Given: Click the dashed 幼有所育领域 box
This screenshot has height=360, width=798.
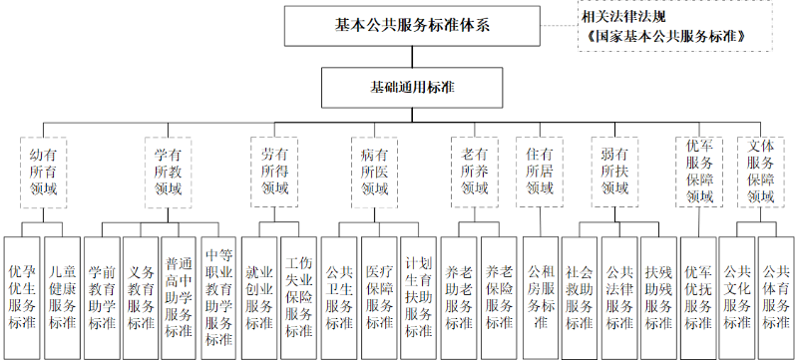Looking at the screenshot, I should (x=44, y=172).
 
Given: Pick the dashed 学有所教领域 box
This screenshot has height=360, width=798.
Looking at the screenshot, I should (x=168, y=172).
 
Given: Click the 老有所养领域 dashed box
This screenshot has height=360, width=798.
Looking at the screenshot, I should (x=474, y=172).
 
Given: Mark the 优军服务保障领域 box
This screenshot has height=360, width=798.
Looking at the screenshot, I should (x=699, y=172).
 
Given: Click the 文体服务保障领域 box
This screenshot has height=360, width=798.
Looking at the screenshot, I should (x=759, y=172).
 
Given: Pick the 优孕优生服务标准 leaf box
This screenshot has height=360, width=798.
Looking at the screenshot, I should (x=22, y=297).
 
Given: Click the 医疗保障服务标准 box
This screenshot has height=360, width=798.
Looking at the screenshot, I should (x=379, y=297).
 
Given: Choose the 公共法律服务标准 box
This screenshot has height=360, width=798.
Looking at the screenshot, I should (x=618, y=297).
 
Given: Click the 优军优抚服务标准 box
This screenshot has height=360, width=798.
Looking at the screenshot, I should (x=697, y=297).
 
